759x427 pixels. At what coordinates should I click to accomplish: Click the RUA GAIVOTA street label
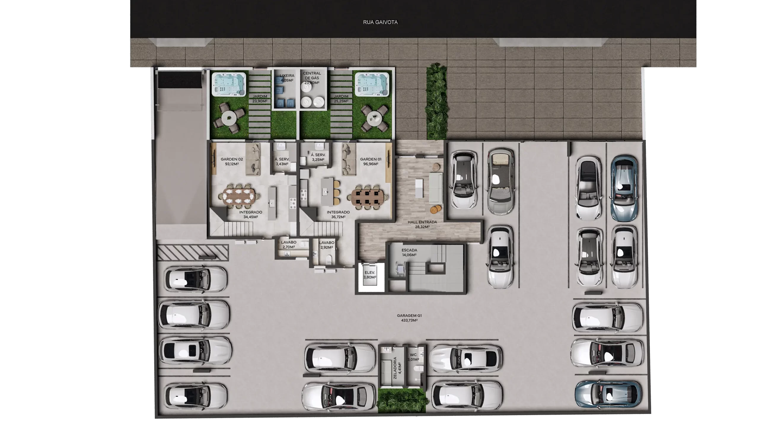[x=380, y=22]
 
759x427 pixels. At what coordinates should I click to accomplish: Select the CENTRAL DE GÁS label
[x=312, y=78]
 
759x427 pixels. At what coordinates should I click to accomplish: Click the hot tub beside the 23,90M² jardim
[x=229, y=85]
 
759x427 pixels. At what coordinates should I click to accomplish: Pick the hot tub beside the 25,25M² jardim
[x=372, y=85]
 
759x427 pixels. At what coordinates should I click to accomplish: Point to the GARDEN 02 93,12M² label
[x=232, y=162]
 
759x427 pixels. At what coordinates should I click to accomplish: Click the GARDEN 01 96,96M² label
[x=371, y=162]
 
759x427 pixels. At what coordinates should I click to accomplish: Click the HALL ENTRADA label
[x=422, y=224]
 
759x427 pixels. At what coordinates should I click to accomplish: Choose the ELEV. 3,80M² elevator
[x=370, y=277]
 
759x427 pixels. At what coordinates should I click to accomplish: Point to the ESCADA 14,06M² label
[x=409, y=252]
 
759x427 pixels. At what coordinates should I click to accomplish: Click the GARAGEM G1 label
[x=409, y=318]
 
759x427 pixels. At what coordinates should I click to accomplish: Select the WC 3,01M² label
[x=413, y=357]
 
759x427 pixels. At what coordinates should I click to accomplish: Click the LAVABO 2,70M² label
[x=288, y=245]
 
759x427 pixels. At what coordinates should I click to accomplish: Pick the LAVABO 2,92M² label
[x=326, y=245]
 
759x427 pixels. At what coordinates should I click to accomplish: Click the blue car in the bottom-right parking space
[x=608, y=394]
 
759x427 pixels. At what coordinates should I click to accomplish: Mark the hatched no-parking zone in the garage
[x=193, y=253]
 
